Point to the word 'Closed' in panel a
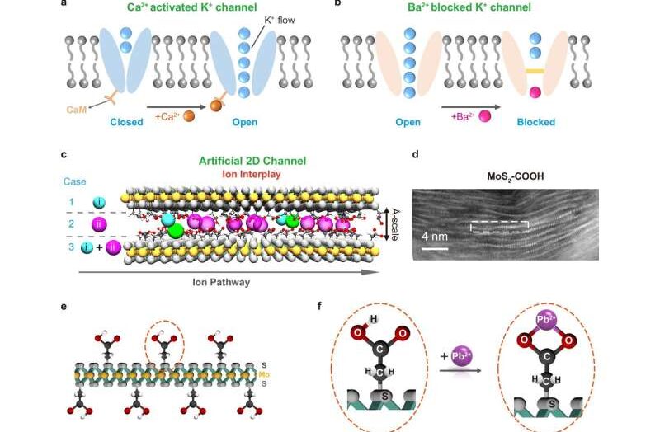click(x=127, y=122)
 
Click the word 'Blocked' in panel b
click(x=535, y=122)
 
